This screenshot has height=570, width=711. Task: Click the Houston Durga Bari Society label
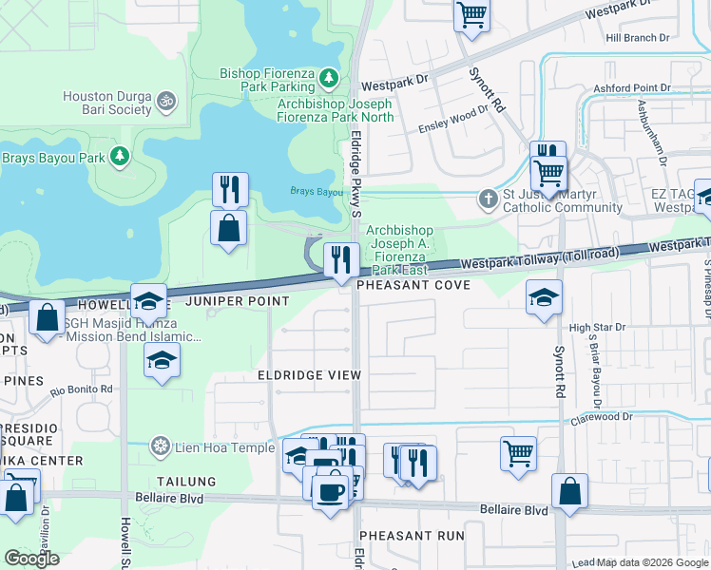tap(107, 103)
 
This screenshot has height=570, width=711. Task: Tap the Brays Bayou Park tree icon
tap(120, 156)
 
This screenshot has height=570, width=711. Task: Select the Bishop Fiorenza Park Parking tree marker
tap(329, 76)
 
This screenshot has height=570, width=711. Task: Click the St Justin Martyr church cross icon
tap(488, 199)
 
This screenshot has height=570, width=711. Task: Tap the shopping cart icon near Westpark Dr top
tap(471, 14)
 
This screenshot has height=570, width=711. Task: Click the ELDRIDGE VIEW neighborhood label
tap(310, 375)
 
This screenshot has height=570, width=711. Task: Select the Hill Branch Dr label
tap(637, 37)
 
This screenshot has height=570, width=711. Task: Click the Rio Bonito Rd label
tap(82, 389)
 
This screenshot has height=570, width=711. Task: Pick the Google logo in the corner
tap(31, 559)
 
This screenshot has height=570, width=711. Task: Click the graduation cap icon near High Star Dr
tap(543, 296)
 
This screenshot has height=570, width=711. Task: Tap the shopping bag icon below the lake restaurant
tap(228, 227)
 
